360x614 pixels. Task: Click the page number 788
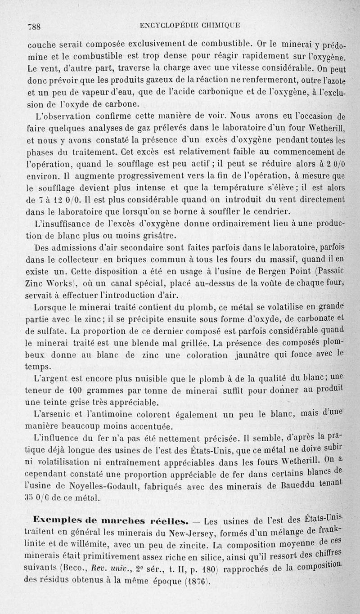click(x=35, y=26)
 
